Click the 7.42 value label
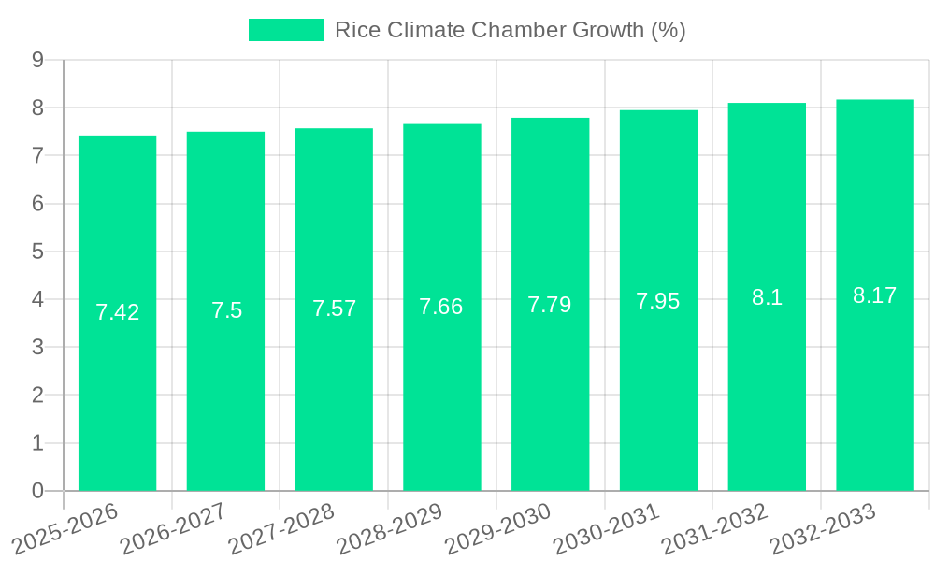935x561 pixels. click(118, 312)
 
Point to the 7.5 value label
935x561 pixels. click(226, 310)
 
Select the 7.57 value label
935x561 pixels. click(335, 309)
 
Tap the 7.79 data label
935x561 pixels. click(550, 305)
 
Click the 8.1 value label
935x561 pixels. click(767, 297)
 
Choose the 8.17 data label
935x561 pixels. click(875, 295)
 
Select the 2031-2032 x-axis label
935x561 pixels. click(715, 527)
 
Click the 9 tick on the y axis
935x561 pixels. click(38, 60)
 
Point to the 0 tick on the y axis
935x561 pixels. click(38, 491)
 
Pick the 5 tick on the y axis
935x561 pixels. click(38, 252)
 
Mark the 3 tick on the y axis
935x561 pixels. click(38, 347)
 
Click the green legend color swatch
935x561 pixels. click(286, 30)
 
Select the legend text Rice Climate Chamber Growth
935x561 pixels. click(510, 30)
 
